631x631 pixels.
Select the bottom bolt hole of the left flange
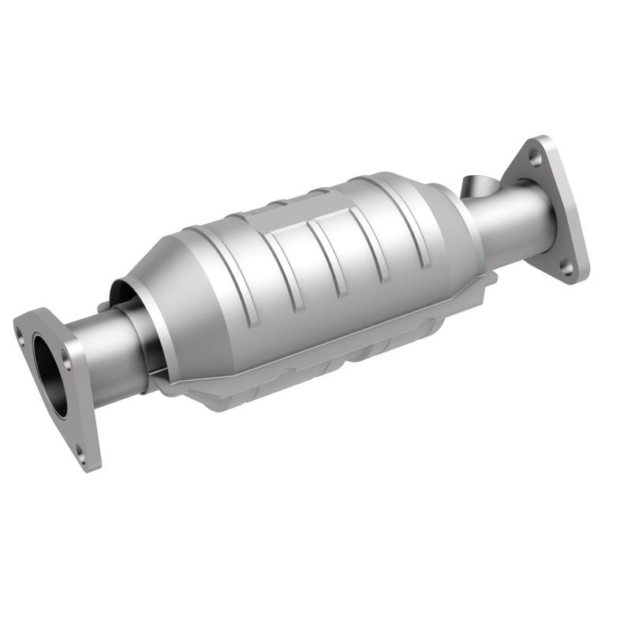(79, 452)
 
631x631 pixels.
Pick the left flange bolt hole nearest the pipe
(66, 364)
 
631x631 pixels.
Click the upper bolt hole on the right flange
(536, 157)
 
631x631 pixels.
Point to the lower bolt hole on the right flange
(566, 268)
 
